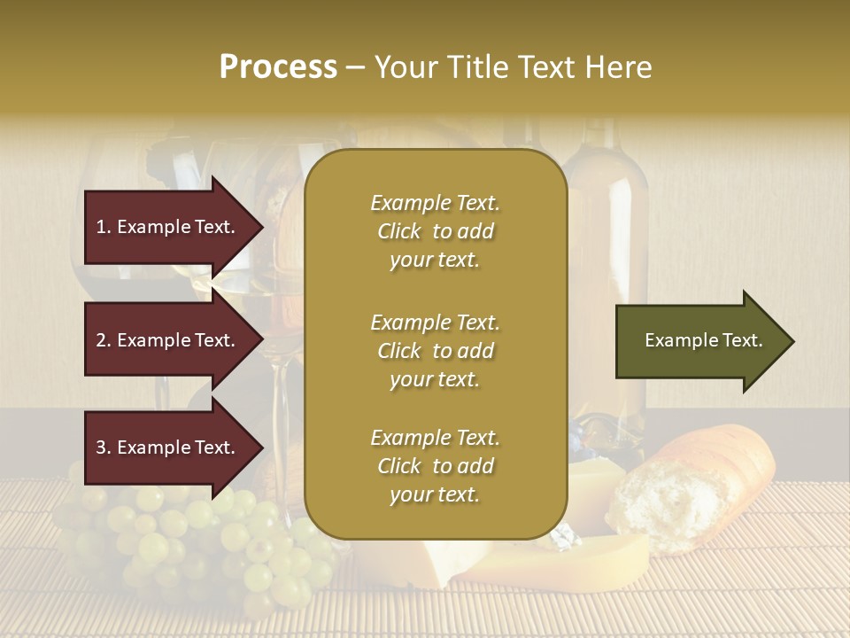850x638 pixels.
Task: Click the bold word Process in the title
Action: point(278,67)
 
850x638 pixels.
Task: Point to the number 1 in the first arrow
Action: point(101,227)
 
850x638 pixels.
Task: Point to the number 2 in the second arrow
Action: point(101,340)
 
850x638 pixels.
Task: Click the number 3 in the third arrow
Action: point(101,447)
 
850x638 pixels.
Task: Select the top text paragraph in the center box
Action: point(435,231)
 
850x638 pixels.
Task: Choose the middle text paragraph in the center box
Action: point(435,351)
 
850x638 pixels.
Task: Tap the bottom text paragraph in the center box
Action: point(435,466)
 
